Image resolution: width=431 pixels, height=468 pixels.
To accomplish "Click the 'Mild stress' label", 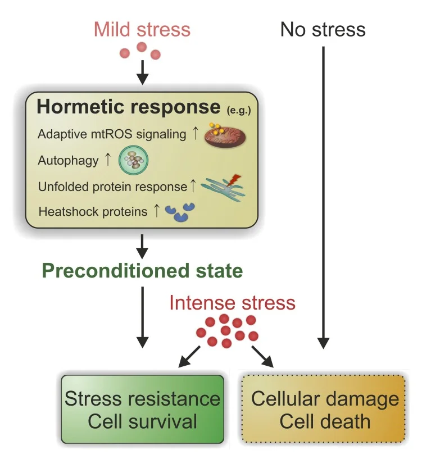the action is click(142, 30).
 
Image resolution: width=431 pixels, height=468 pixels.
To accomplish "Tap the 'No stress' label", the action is click(323, 30).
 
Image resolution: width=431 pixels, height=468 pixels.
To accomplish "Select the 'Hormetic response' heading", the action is click(129, 107).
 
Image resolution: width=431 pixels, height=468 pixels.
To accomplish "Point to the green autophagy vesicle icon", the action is click(133, 160).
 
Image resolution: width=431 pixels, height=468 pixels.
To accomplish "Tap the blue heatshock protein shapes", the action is click(180, 212).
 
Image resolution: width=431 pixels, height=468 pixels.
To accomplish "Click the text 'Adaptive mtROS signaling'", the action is click(112, 134).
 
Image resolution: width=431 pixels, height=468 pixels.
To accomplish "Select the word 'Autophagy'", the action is click(68, 161).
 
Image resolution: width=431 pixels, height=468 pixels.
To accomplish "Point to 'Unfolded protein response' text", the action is click(112, 187).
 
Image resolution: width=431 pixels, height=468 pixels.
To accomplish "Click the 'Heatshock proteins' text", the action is click(93, 212).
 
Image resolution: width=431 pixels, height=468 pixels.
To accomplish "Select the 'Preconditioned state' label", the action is click(142, 271).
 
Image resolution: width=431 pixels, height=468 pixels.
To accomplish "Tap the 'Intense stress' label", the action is click(233, 303).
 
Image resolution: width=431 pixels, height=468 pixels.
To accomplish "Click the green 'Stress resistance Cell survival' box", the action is click(142, 409).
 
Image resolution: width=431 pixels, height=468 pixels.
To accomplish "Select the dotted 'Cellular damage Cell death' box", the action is click(323, 409).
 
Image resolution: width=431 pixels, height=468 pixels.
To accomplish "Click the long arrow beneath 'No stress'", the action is click(323, 198).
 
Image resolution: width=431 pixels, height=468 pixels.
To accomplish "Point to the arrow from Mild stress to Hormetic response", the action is click(142, 72).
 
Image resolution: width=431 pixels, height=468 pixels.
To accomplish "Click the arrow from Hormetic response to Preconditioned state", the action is click(142, 247).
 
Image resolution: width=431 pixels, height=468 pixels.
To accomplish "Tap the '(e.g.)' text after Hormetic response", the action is click(239, 111).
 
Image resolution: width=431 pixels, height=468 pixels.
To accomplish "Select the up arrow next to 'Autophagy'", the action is click(108, 160).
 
